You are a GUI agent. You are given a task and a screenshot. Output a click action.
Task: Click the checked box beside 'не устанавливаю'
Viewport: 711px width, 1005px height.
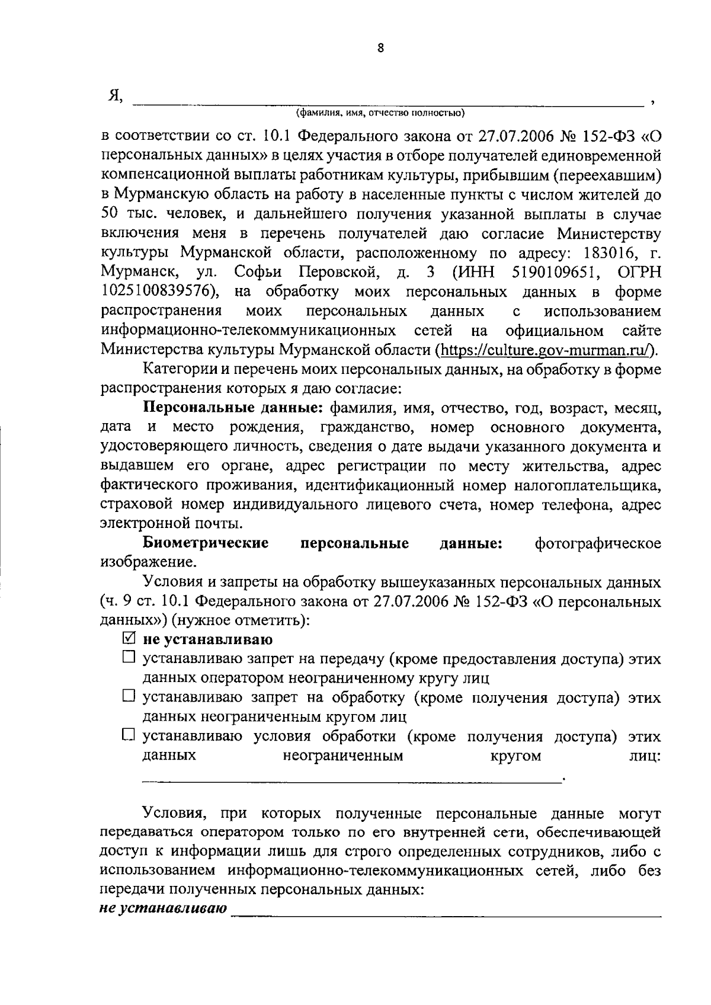[x=129, y=639]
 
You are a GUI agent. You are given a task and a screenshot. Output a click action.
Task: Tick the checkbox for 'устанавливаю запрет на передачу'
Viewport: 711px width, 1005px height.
[x=129, y=657]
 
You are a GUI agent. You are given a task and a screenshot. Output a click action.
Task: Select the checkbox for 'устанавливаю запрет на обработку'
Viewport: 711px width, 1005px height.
[x=129, y=696]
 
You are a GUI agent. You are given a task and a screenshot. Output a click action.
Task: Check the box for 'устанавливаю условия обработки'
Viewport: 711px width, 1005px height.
[x=129, y=735]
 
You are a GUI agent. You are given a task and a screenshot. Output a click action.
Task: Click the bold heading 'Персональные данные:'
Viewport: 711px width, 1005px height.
[x=233, y=408]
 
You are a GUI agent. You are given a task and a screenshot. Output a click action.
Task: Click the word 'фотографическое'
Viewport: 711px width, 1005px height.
[x=597, y=543]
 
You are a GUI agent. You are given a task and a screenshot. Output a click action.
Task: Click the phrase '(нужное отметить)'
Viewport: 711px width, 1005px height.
[x=241, y=621]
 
